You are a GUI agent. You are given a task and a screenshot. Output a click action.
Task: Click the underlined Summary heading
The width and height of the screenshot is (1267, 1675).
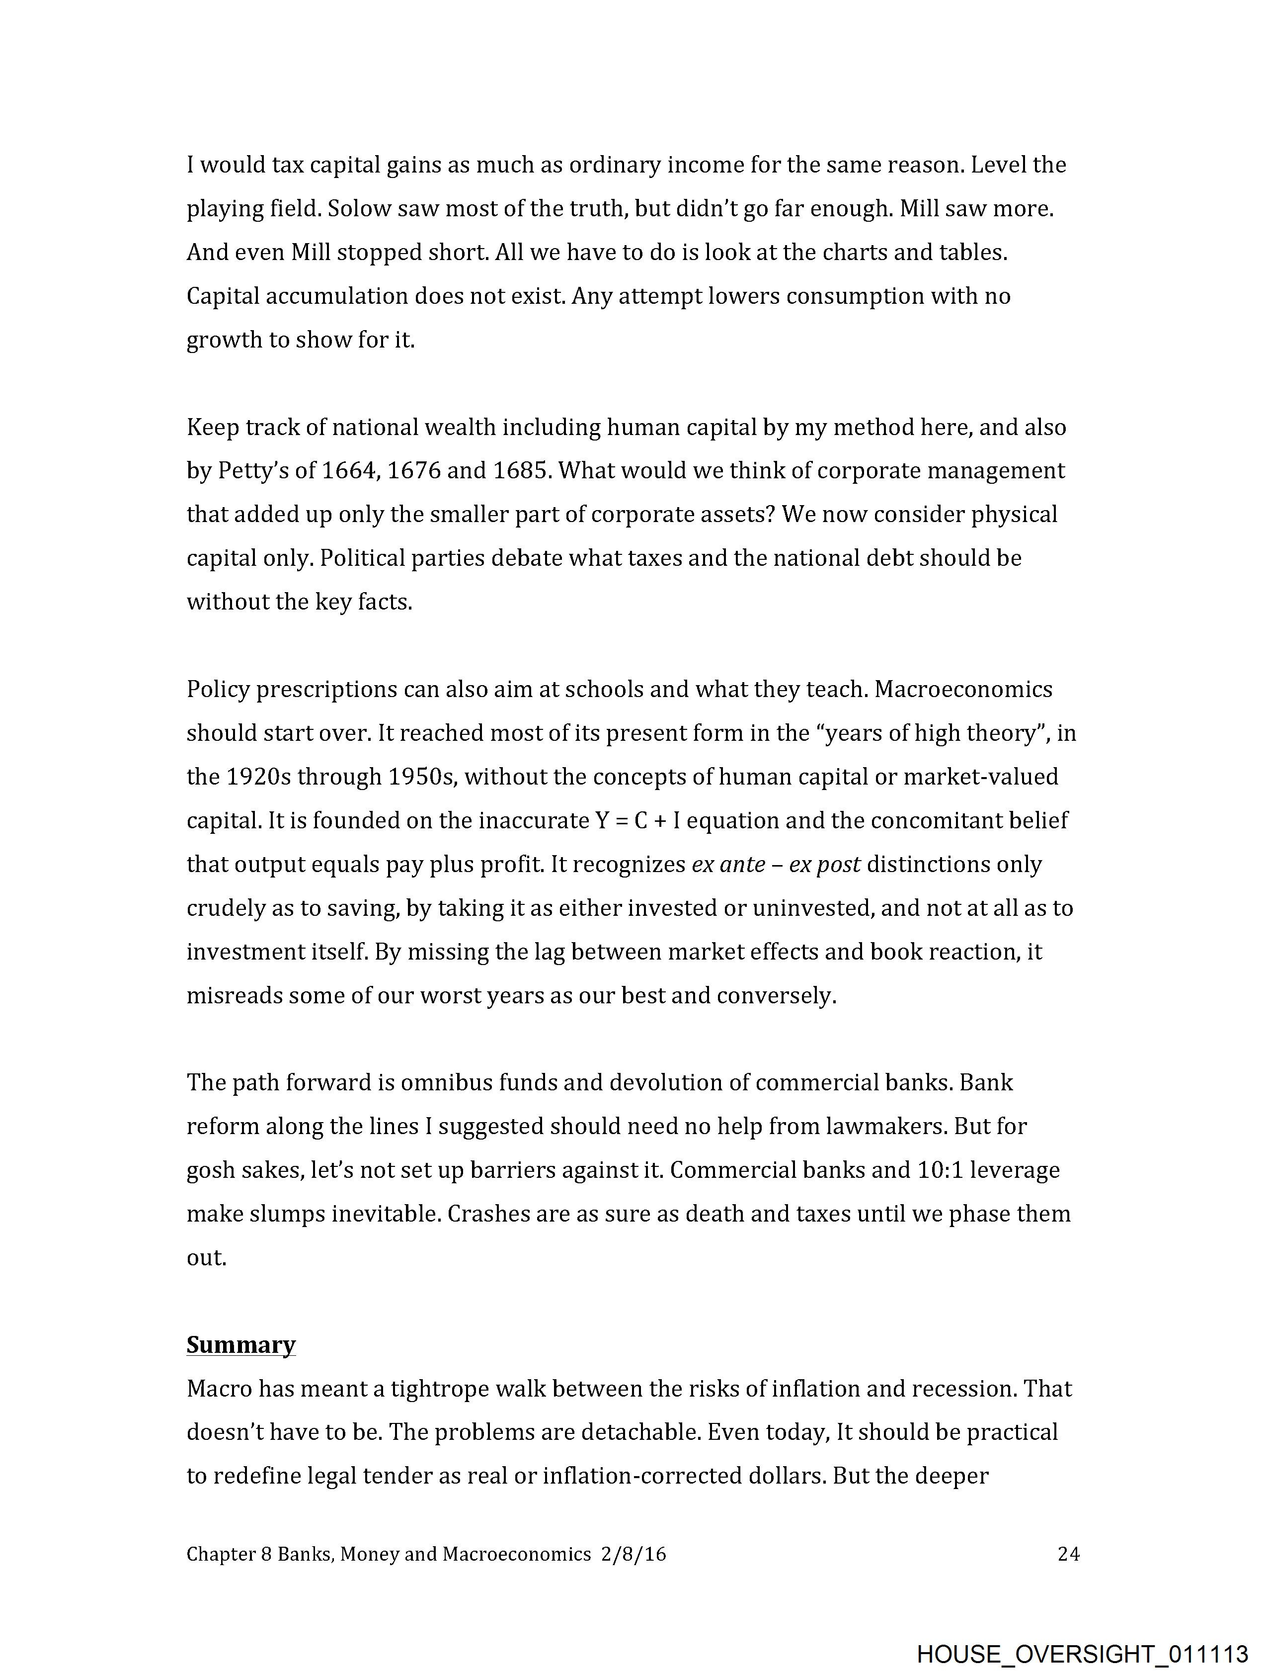pos(240,1345)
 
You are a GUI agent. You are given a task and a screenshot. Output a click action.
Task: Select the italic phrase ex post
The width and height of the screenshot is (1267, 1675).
pos(824,865)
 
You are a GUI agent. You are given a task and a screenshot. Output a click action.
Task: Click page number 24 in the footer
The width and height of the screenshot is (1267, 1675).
pos(1068,1555)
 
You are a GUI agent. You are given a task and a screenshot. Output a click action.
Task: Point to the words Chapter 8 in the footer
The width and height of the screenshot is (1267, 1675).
pos(229,1555)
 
